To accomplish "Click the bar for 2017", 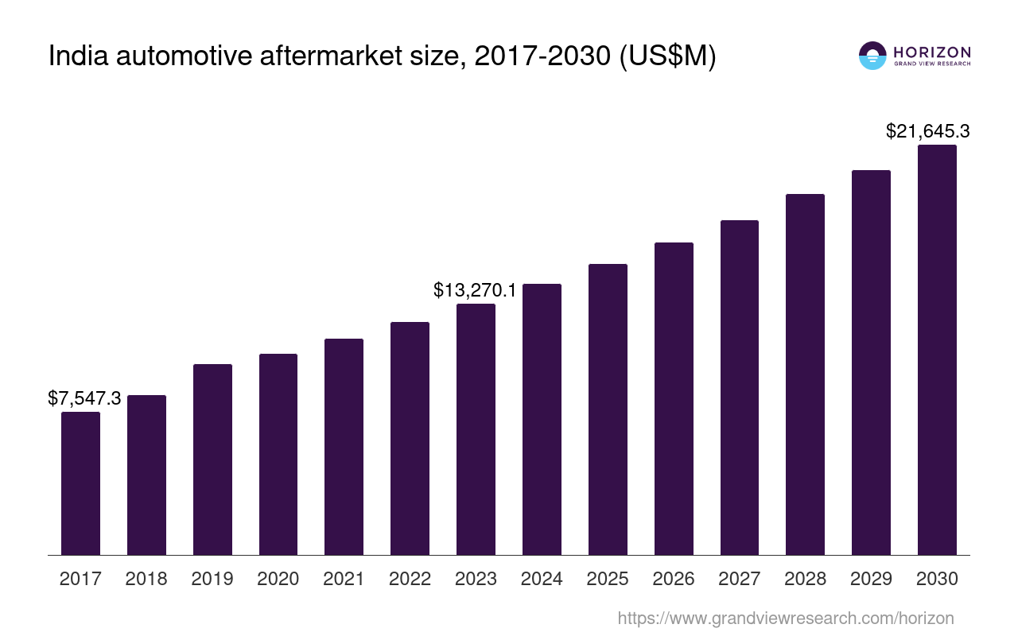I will click(80, 483).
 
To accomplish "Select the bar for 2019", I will click(212, 460).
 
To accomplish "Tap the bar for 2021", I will click(344, 447).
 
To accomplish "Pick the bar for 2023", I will click(476, 429).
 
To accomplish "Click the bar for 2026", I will click(674, 398).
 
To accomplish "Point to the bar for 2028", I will click(805, 374).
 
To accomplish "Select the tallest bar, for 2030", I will click(937, 350).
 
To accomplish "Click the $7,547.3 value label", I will click(84, 398).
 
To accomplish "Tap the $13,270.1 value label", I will click(475, 290).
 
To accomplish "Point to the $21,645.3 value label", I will click(927, 131).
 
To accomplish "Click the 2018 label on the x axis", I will click(146, 579).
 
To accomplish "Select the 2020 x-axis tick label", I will click(278, 579).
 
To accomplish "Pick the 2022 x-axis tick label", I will click(410, 579).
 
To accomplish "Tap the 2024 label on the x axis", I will click(542, 579).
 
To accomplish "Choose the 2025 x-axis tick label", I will click(608, 579).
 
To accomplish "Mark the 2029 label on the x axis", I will click(871, 579).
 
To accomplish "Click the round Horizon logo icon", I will click(872, 56).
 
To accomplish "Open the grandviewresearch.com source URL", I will click(786, 618).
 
